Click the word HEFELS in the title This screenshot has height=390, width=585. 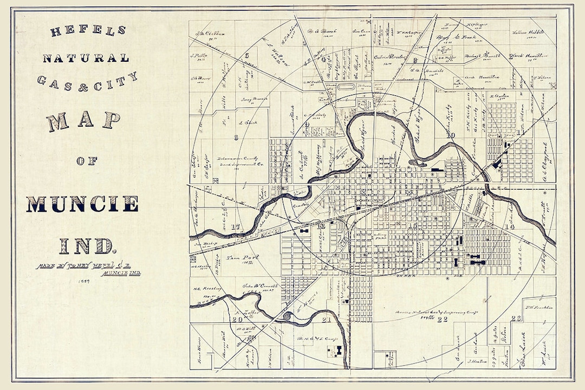[88, 30]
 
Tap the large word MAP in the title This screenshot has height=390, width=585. [83, 121]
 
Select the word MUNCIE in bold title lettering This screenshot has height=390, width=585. [82, 204]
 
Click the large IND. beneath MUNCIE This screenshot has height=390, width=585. [87, 245]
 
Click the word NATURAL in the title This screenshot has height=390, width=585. [86, 58]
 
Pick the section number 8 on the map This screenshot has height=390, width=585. [236, 137]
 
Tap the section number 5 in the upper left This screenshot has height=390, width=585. [246, 55]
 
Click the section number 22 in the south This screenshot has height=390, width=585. [443, 319]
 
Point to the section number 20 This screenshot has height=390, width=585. [236, 319]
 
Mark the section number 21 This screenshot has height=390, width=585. [326, 320]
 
